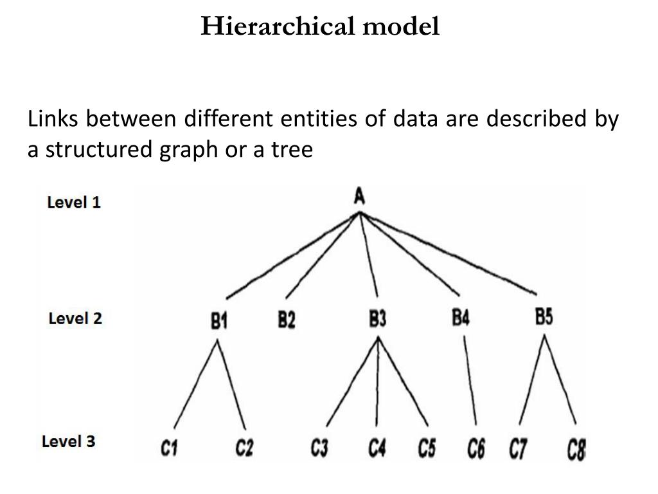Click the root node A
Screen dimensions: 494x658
(x=360, y=196)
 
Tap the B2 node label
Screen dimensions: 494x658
(x=287, y=320)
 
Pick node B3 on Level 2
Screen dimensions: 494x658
(x=377, y=319)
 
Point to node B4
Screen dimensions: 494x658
(x=460, y=318)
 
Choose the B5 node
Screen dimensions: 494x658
(x=544, y=317)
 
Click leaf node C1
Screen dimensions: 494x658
(x=169, y=448)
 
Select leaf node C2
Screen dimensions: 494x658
(x=244, y=448)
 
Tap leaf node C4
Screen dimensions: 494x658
(x=377, y=448)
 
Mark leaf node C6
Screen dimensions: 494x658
(x=476, y=448)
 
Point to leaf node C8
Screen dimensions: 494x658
(x=576, y=449)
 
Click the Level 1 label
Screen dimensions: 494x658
(x=74, y=202)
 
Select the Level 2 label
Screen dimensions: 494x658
(x=75, y=318)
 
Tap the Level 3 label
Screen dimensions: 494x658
(x=69, y=442)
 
